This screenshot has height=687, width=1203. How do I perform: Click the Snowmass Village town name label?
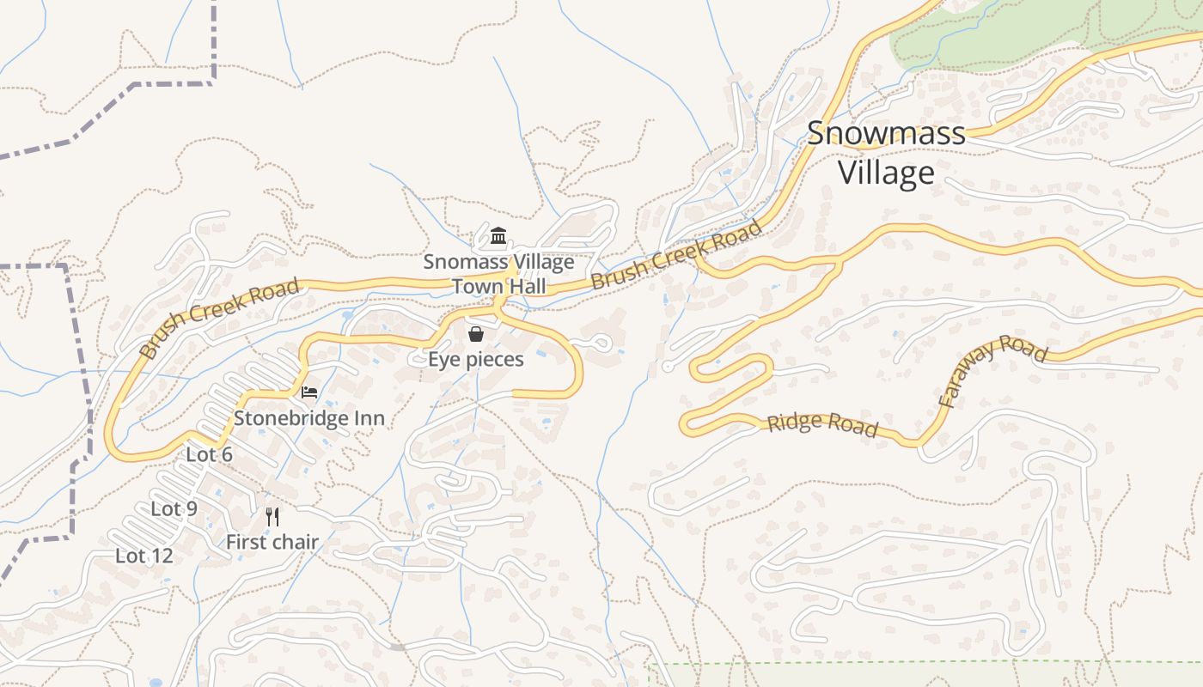(x=886, y=154)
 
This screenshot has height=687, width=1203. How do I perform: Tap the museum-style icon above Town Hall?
(x=498, y=235)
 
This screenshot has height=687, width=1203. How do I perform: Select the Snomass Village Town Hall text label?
(x=498, y=274)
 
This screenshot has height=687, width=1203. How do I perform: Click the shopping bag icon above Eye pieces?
(x=476, y=334)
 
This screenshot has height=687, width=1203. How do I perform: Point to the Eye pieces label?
(x=476, y=359)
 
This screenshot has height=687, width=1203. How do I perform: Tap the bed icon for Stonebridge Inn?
(x=309, y=392)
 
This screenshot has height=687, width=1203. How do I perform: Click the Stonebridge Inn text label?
(x=309, y=418)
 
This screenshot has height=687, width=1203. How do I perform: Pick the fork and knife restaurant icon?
(x=272, y=516)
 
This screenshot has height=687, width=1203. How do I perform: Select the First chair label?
(x=272, y=542)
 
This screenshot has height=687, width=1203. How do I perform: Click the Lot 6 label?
(x=210, y=454)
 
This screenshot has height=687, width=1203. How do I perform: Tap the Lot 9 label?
(x=174, y=508)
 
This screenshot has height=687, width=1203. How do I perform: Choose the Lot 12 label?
(x=144, y=556)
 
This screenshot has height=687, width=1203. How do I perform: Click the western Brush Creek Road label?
(x=219, y=318)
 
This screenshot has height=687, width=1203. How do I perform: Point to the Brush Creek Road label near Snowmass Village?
(x=677, y=255)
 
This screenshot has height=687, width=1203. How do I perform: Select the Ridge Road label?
(x=822, y=424)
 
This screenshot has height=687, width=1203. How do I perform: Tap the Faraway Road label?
(x=992, y=370)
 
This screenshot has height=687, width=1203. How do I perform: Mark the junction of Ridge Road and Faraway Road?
(x=918, y=443)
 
